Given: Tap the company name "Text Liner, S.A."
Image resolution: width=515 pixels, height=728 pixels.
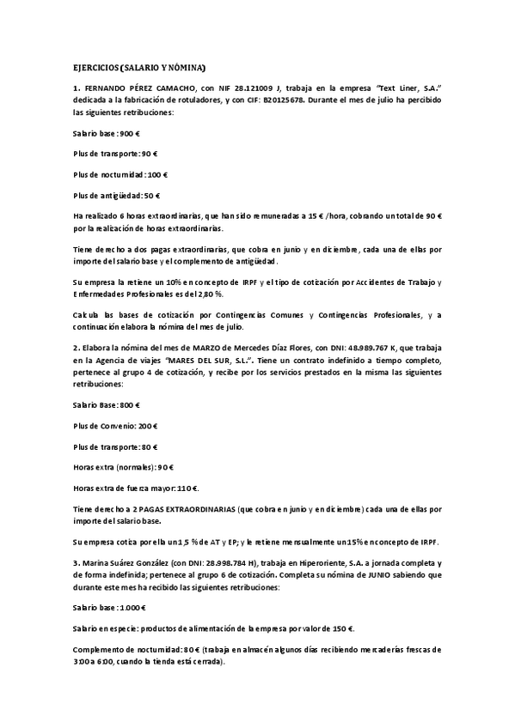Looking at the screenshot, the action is (x=412, y=88).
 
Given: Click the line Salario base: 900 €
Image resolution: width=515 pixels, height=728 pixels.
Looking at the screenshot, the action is (x=107, y=134).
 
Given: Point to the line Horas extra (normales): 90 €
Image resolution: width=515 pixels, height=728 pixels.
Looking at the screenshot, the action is (x=124, y=469).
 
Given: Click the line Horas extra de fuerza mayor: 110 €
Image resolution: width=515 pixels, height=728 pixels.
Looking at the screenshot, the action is (x=136, y=489).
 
